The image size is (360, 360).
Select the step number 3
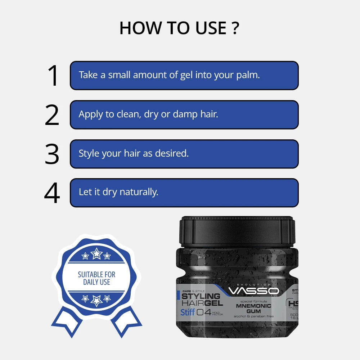pos(52,154)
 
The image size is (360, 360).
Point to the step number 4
pos(52,193)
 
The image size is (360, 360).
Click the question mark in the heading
pos(235,28)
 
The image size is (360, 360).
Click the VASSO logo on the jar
pos(253,291)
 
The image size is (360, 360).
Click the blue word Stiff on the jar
pos(187,312)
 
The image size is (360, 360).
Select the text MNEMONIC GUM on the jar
pos(253,309)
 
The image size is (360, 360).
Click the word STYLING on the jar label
pos(201,296)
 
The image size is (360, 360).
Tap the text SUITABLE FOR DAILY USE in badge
pos(96,278)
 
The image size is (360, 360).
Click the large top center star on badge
pos(96,254)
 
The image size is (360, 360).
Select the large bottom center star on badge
pos(96,300)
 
